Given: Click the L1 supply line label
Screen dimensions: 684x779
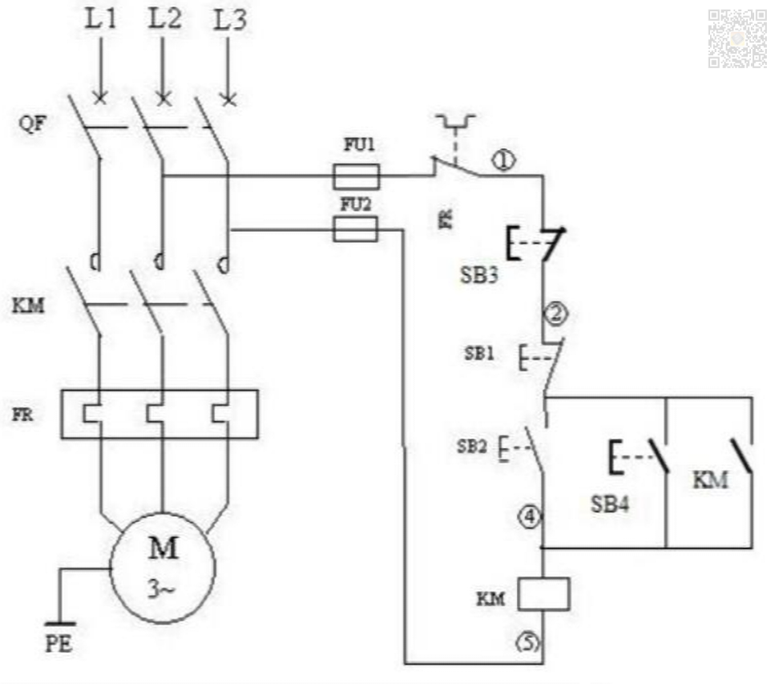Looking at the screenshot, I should coord(101,20).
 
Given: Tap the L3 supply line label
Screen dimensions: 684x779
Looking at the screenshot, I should coord(230,20).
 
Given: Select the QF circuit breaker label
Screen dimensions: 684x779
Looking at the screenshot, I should coord(28,125).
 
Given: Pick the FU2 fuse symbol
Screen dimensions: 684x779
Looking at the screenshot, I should coord(355,231).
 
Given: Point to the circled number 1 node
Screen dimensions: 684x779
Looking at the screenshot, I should coord(503,162).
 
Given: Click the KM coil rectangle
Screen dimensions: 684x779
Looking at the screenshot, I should coord(543,593).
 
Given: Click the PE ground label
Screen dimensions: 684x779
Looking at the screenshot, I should coord(58,645).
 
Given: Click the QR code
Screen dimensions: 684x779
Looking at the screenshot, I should coord(737,38).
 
